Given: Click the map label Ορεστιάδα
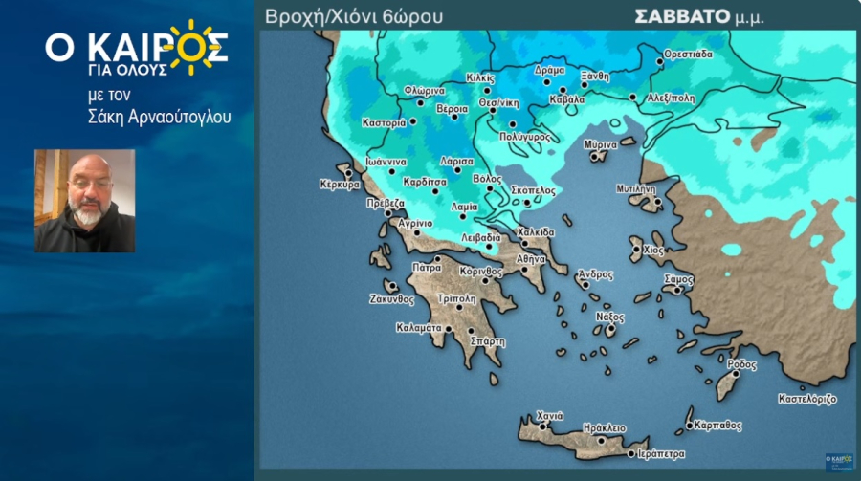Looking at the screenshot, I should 689,55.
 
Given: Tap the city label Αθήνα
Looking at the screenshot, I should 531,259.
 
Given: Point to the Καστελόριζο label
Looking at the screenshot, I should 807,397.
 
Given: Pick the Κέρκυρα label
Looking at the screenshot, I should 340,185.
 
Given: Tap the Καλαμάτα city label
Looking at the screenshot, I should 418,327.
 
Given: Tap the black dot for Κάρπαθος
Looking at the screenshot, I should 690,426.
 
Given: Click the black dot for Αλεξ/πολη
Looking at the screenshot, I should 633,97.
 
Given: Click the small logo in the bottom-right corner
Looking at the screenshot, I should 839,461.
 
